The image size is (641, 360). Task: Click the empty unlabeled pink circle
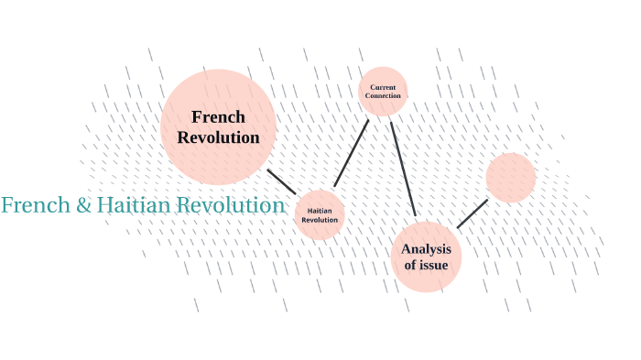511,178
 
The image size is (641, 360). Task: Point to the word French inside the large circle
218,117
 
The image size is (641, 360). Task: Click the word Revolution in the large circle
218,137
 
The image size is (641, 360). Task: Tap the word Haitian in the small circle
320,210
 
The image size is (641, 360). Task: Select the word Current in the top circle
383,87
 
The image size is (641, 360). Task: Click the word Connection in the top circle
383,95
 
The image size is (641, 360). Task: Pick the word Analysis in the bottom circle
426,248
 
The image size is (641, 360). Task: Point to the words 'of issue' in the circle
426,266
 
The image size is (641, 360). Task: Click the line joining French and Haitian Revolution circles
281,181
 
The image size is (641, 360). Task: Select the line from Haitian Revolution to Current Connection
352,152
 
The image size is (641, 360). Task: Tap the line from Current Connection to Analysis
403,169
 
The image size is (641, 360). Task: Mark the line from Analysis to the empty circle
473,213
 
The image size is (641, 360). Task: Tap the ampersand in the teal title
83,206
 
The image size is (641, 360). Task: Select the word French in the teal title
36,205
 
